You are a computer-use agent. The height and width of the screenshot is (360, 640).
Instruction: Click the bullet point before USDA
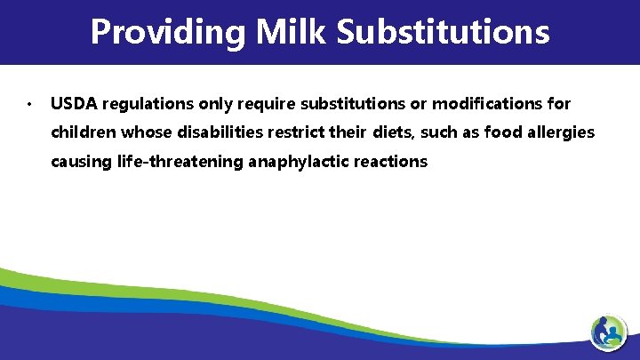(x=29, y=105)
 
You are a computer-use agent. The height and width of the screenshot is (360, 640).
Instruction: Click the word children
(x=82, y=132)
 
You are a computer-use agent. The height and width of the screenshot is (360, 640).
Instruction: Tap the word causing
(x=80, y=162)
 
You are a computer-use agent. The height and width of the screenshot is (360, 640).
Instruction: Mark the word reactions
(x=392, y=162)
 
